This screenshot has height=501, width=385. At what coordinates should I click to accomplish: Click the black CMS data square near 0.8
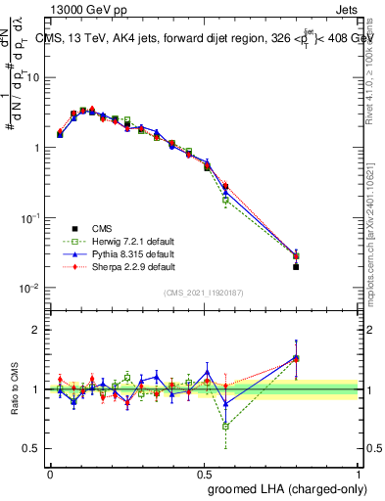click(x=296, y=266)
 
